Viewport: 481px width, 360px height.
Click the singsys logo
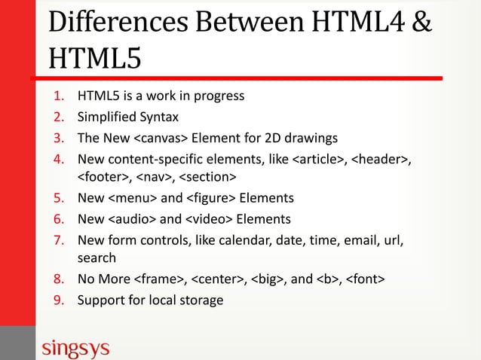click(x=75, y=349)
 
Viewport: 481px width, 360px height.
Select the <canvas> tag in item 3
click(x=161, y=137)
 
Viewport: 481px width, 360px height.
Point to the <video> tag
click(x=209, y=219)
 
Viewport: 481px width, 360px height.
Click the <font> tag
click(x=365, y=280)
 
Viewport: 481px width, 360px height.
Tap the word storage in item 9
click(x=199, y=301)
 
